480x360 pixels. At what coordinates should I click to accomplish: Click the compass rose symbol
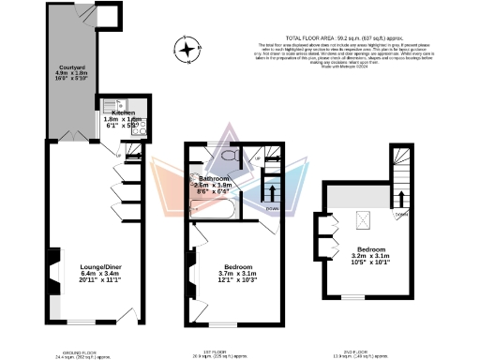191,49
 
